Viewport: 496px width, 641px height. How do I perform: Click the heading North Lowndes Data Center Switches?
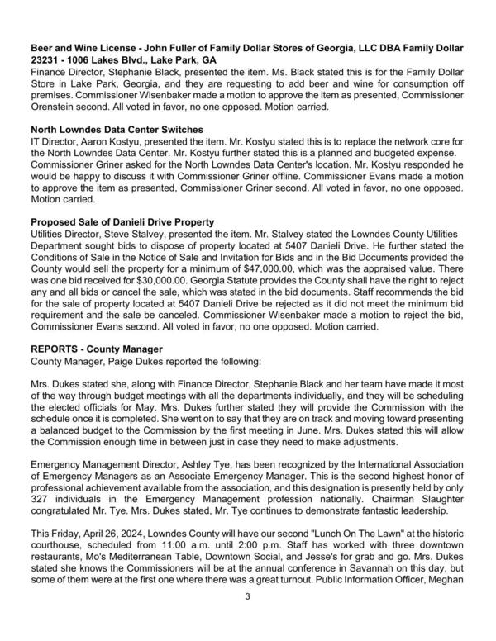click(117, 130)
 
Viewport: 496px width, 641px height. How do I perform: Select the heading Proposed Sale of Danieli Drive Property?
click(122, 221)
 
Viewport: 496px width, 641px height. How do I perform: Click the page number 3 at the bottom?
click(247, 619)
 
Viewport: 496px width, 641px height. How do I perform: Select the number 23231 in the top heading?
click(49, 61)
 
